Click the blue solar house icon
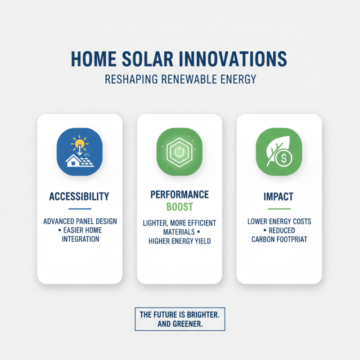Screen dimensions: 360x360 tap(80, 151)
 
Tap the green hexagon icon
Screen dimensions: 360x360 tap(180, 151)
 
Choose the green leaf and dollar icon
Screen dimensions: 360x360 tap(279, 151)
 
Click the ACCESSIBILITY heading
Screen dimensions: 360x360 tap(80, 197)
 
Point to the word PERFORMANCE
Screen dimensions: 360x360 tap(180, 194)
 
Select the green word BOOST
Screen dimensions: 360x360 tap(180, 207)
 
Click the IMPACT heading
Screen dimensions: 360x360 tap(279, 197)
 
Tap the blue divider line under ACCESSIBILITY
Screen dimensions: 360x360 tap(80, 209)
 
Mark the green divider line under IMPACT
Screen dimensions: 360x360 tap(279, 209)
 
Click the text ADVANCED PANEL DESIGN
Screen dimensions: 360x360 tap(80, 222)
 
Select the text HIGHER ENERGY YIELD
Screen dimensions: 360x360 tap(180, 241)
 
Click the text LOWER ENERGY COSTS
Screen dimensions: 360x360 tap(279, 222)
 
